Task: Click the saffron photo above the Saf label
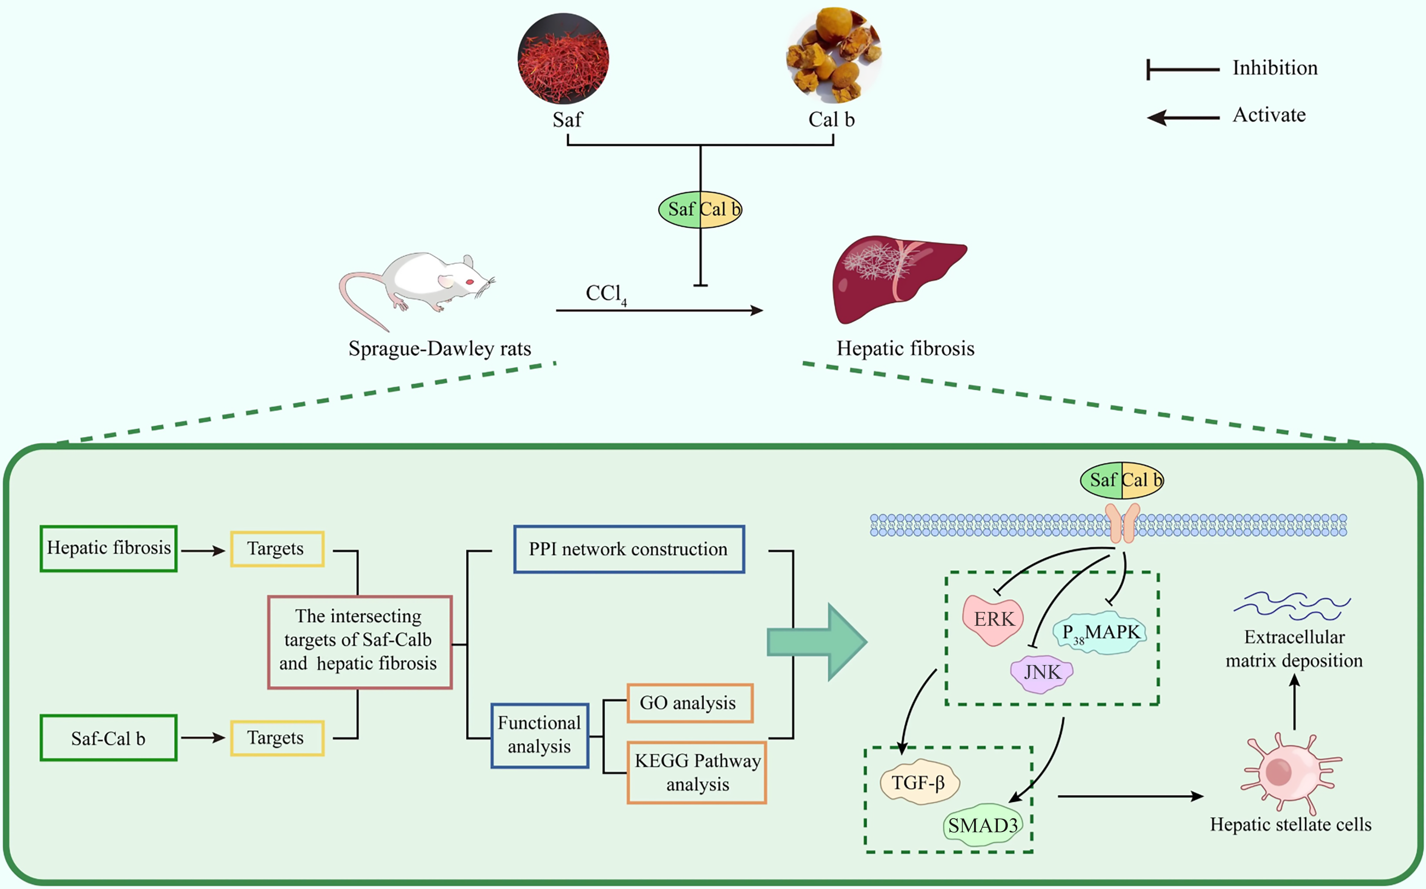click(x=563, y=59)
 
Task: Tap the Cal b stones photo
click(x=834, y=55)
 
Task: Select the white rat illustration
click(x=423, y=285)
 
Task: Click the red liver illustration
click(x=896, y=276)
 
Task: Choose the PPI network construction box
click(x=628, y=549)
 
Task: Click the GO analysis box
click(x=689, y=703)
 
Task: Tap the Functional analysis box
click(x=539, y=735)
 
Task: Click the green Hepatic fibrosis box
click(x=109, y=548)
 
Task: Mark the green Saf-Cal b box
click(x=109, y=738)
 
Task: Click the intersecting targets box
click(x=359, y=641)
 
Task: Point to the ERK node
click(x=993, y=619)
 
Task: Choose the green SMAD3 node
click(x=983, y=825)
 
